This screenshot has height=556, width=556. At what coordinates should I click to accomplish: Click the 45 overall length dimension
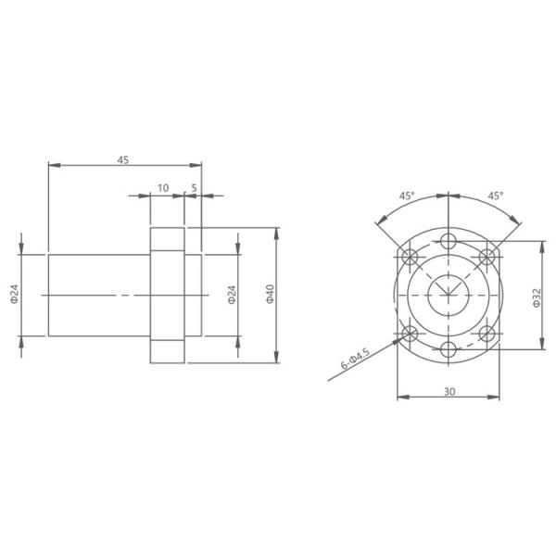(122, 159)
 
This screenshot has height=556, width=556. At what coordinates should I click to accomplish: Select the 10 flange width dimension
(163, 188)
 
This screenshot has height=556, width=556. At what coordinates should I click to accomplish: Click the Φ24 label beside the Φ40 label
(232, 295)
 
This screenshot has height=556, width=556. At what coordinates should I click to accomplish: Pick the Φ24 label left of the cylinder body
(14, 295)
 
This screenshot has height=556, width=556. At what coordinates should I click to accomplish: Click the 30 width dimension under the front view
(449, 392)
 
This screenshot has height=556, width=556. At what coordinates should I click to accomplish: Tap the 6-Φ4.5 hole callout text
(355, 360)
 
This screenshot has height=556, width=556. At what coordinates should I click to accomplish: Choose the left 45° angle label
(407, 196)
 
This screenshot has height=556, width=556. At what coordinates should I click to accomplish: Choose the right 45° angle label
(495, 196)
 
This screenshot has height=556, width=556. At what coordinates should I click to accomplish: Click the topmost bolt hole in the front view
(449, 241)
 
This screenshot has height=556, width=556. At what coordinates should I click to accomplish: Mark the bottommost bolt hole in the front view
(449, 348)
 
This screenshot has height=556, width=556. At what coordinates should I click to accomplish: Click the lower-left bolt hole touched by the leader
(409, 333)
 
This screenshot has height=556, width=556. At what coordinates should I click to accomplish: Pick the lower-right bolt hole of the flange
(488, 333)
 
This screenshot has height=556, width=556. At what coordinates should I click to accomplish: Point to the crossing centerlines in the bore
(449, 295)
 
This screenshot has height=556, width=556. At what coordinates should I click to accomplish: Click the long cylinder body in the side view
(97, 295)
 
